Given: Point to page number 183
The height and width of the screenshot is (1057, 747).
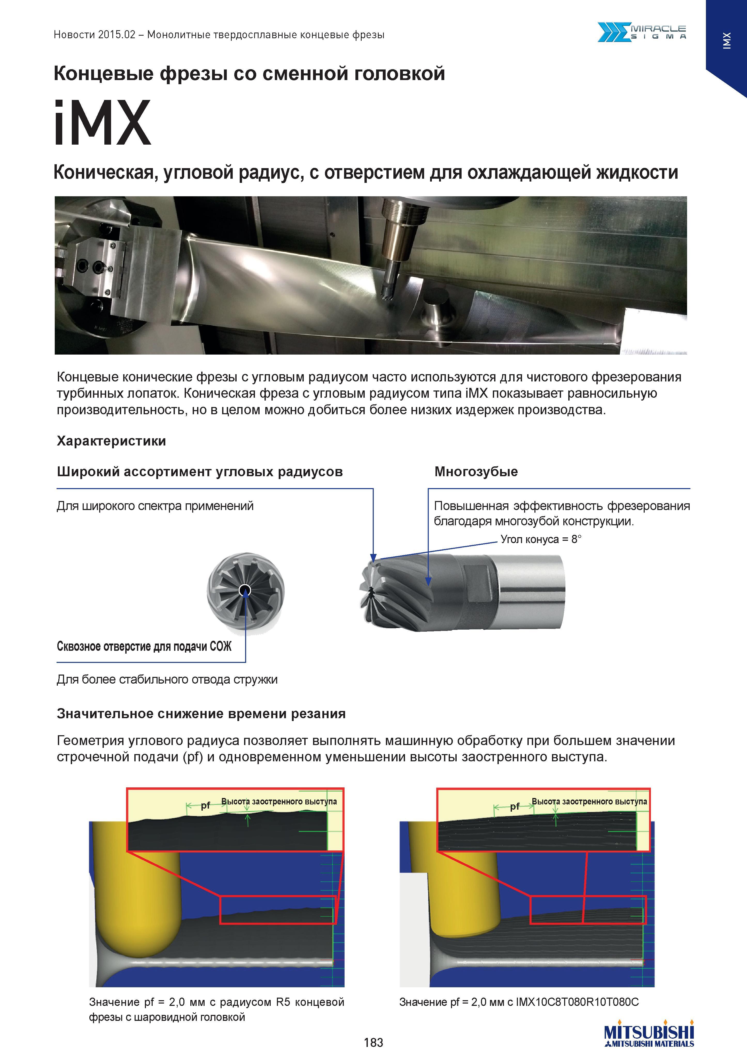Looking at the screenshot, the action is (x=373, y=1042).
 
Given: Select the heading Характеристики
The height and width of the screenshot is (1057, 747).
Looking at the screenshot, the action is (x=111, y=441).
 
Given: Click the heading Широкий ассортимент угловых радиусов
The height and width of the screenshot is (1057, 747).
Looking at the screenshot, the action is (x=200, y=472).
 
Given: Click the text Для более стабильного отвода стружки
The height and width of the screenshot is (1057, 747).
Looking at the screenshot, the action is (x=167, y=679).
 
